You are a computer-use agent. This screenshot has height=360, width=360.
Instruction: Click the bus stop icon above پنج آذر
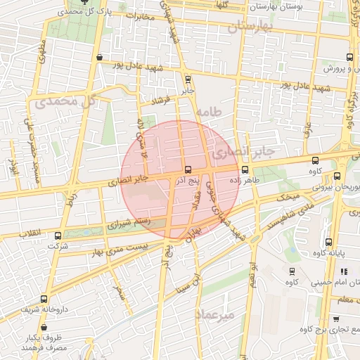coord(187,169)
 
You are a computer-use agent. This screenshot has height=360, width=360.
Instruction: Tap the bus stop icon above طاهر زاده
coord(245,169)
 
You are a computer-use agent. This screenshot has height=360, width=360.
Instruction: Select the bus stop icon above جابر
coord(187,79)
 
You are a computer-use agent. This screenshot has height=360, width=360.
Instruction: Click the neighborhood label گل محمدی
coord(63,102)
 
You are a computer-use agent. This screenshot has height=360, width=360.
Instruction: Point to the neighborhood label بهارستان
coord(249,27)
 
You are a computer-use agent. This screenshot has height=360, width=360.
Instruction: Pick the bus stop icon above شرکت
coord(58,236)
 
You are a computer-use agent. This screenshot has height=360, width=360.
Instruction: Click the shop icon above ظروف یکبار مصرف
coord(44,327)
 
